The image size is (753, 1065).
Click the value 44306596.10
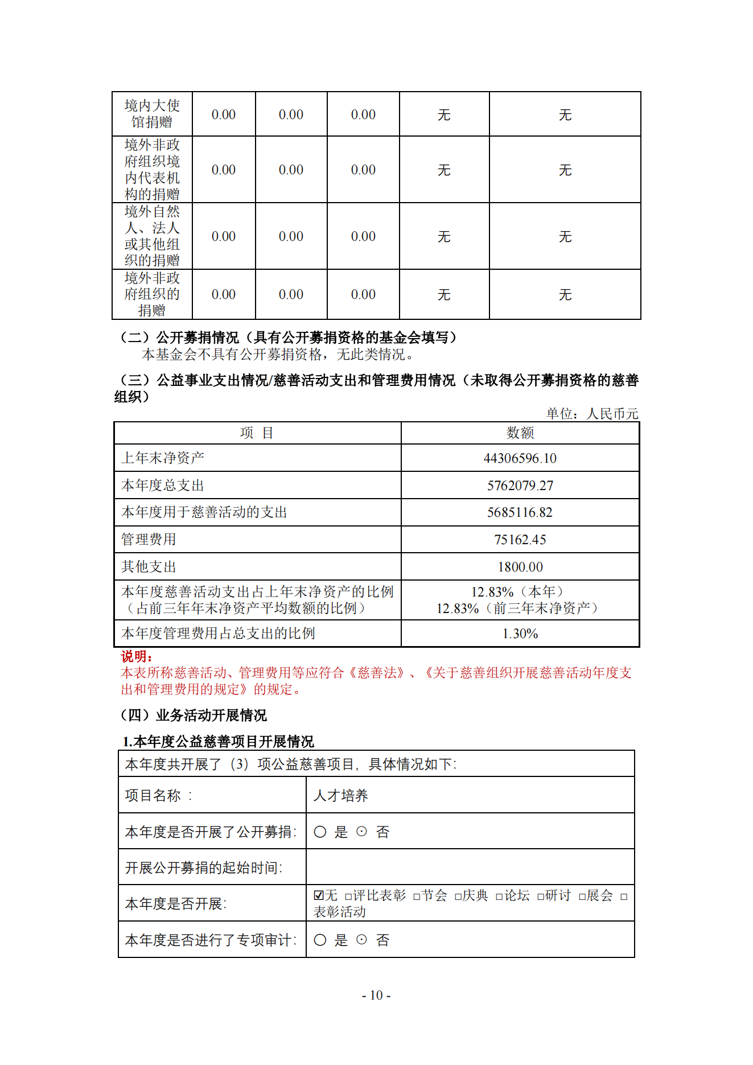520,458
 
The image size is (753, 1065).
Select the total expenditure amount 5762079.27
520,486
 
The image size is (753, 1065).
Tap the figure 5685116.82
520,512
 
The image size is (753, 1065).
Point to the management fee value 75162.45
520,540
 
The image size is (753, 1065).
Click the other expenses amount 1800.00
520,567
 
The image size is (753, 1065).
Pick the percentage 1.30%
520,634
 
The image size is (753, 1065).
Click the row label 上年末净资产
163,458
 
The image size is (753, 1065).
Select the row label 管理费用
149,540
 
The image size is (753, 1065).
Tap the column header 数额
520,433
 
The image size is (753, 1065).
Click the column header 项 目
257,433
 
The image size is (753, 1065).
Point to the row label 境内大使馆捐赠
152,114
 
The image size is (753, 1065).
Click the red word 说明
137,656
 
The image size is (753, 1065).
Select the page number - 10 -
376,995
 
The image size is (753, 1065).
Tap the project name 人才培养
340,795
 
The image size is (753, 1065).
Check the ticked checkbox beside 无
319,895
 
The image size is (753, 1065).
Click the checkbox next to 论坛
499,897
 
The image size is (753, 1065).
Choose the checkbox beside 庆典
458,897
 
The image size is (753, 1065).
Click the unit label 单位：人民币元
592,414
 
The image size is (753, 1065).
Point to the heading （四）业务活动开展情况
194,715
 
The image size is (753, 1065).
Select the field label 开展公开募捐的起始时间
203,867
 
